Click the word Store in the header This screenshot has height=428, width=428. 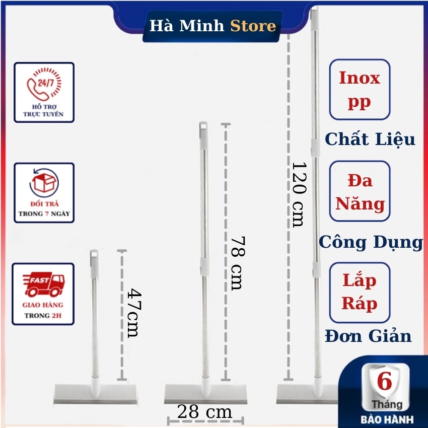click(253, 26)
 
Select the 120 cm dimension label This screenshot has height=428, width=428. click(298, 194)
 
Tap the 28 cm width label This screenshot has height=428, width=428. click(204, 412)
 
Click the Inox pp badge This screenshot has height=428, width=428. click(359, 90)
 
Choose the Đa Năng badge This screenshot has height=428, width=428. click(360, 191)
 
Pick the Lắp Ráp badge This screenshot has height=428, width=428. click(360, 293)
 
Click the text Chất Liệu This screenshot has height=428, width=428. click(370, 139)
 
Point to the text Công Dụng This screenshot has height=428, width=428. click(371, 242)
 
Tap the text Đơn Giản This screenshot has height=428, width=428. click(368, 336)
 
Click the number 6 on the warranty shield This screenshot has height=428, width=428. click(384, 382)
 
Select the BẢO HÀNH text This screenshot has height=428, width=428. click(387, 418)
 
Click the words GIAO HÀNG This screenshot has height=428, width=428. click(43, 305)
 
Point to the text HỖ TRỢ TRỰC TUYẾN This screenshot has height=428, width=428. click(44, 110)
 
